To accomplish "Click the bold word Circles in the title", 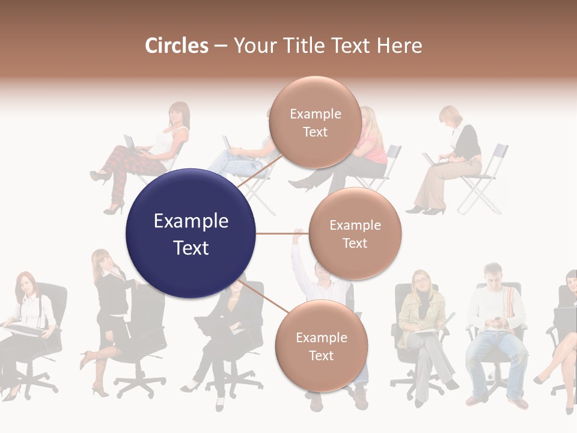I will click(176, 46).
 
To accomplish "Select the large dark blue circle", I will click(191, 233).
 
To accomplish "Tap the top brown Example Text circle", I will click(315, 123).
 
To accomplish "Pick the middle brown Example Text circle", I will click(355, 233).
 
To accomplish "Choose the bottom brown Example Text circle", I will click(321, 346).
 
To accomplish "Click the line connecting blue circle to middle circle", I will click(282, 233).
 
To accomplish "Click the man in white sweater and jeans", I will click(496, 331).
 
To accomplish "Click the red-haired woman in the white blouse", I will click(27, 319).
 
